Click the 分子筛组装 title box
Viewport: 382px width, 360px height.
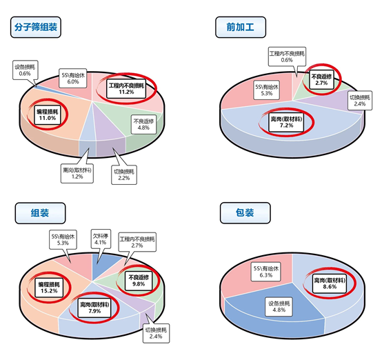pyautogui.click(x=36, y=27)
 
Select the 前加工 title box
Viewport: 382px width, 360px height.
pyautogui.click(x=241, y=27)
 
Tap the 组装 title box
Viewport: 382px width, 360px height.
pyautogui.click(x=40, y=213)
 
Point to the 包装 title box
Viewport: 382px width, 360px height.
pyautogui.click(x=245, y=213)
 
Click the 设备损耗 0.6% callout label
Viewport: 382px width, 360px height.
pyautogui.click(x=26, y=70)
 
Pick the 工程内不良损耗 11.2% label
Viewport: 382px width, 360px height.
pyautogui.click(x=126, y=89)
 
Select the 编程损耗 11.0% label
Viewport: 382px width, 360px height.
pyautogui.click(x=48, y=114)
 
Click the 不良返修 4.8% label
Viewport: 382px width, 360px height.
pyautogui.click(x=143, y=124)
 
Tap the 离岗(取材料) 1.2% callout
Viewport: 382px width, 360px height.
pyautogui.click(x=77, y=173)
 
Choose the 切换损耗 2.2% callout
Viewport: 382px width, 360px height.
pyautogui.click(x=124, y=174)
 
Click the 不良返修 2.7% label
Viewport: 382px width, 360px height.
pyautogui.click(x=321, y=80)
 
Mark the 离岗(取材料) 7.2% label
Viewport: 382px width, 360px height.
pyautogui.click(x=286, y=122)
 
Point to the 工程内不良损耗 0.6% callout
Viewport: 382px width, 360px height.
pyautogui.click(x=287, y=57)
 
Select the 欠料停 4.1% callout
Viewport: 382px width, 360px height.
pyautogui.click(x=101, y=239)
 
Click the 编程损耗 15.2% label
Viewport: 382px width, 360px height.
pyautogui.click(x=49, y=288)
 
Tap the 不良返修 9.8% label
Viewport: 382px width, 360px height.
pyautogui.click(x=139, y=281)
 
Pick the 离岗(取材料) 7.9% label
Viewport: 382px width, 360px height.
pyautogui.click(x=94, y=308)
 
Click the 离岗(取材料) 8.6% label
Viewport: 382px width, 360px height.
pyautogui.click(x=330, y=283)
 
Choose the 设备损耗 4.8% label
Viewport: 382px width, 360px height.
pyautogui.click(x=279, y=307)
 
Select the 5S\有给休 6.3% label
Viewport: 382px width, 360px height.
pyautogui.click(x=266, y=272)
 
